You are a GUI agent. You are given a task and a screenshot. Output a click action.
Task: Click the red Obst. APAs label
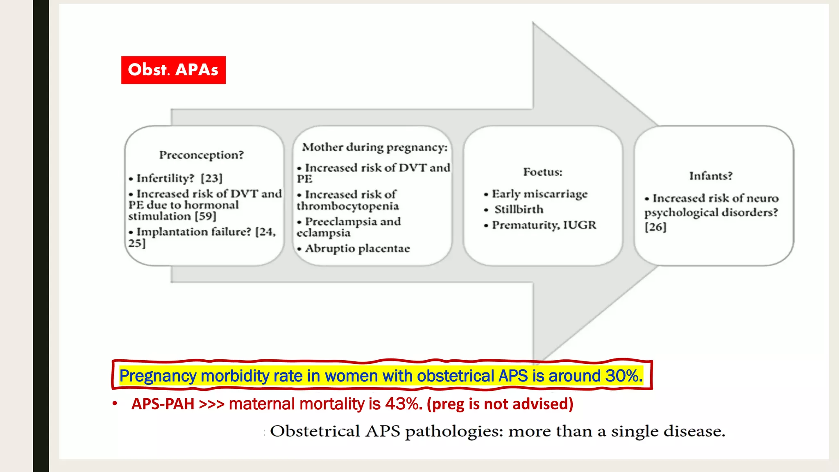pos(173,70)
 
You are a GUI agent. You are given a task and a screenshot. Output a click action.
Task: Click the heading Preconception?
pos(201,155)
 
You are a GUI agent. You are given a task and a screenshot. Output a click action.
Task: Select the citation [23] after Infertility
pos(211,178)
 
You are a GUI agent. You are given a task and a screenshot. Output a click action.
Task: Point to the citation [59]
pos(205,216)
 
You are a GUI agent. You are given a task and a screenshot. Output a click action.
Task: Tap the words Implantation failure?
pos(193,232)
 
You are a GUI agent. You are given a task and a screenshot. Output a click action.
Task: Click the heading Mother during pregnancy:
pos(374,147)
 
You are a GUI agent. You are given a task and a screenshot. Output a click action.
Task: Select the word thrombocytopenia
pos(347,206)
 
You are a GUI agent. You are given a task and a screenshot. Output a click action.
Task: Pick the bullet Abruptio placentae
pos(357,249)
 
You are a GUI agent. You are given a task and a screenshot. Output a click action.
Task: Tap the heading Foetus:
pos(542,172)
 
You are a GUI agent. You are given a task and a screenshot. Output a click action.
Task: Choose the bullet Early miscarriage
pos(539,194)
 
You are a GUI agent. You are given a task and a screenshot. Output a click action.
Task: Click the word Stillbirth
pos(519,209)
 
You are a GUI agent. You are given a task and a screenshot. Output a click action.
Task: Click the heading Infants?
pos(710,176)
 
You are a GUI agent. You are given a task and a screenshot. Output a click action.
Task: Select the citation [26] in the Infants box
pos(655,227)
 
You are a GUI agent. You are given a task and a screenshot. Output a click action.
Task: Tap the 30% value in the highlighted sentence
pos(624,376)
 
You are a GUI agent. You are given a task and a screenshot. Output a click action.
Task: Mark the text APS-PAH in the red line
pos(163,404)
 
